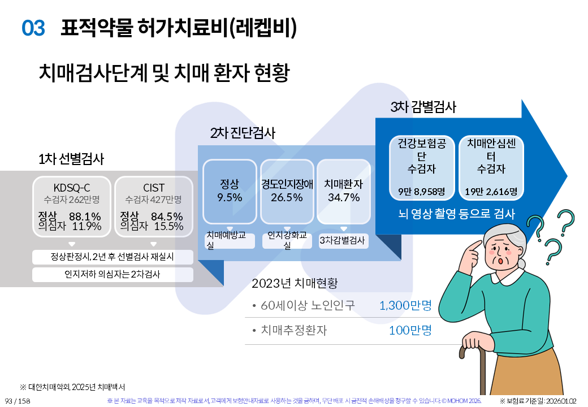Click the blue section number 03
click(33, 28)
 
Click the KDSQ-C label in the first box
click(72, 187)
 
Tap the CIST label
click(154, 187)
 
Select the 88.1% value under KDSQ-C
click(85, 217)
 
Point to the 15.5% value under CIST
click(168, 226)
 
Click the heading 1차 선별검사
click(71, 159)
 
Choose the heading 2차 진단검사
click(243, 133)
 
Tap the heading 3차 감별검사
click(423, 107)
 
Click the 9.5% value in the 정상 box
click(230, 197)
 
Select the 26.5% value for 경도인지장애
click(287, 197)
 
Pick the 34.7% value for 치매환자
click(344, 197)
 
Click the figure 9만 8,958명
click(422, 192)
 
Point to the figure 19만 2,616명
click(491, 192)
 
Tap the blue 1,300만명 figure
click(405, 305)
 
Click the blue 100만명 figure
click(410, 330)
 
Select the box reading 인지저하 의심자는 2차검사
click(113, 274)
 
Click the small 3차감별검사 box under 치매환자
click(343, 241)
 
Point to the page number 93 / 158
click(18, 401)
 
